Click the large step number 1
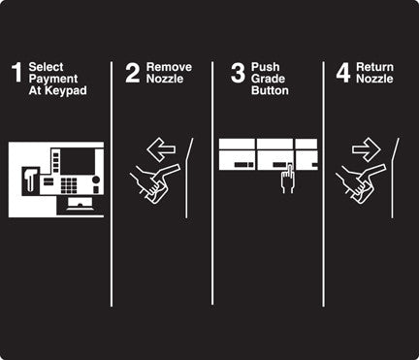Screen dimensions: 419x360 (x=16, y=73)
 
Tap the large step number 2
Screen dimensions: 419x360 (x=133, y=73)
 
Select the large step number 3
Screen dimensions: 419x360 (x=239, y=73)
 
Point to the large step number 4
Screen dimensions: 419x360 (x=343, y=73)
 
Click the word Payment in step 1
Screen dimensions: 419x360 (x=53, y=79)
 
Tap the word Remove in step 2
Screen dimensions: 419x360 (x=169, y=67)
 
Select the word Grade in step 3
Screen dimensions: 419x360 (x=268, y=79)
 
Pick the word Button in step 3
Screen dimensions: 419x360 (x=270, y=90)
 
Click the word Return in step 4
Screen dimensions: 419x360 (x=374, y=67)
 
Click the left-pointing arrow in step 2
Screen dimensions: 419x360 (x=161, y=149)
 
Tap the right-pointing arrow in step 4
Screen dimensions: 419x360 (x=367, y=149)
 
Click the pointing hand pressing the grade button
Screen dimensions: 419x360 (x=288, y=179)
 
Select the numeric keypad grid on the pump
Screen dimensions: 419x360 (x=69, y=185)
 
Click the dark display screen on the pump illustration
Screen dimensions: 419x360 (x=78, y=161)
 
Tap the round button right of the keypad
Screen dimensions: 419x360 (x=96, y=180)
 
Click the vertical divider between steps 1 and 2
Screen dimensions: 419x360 (x=112, y=184)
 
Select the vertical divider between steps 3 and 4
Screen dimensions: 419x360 (x=323, y=184)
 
